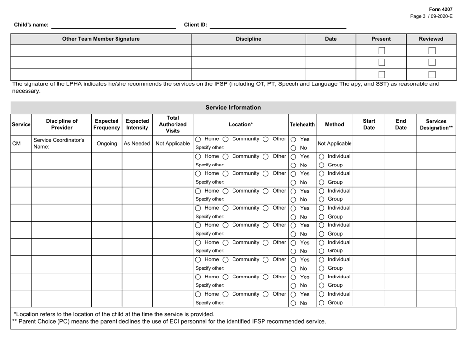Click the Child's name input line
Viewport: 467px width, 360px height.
pos(114,25)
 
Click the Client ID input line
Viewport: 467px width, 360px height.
pos(278,25)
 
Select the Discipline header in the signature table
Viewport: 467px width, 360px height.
pos(248,38)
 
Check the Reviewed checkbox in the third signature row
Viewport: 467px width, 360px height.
pos(432,74)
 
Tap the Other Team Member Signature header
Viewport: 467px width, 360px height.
pos(101,38)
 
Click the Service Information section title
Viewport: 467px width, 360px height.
pos(233,107)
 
